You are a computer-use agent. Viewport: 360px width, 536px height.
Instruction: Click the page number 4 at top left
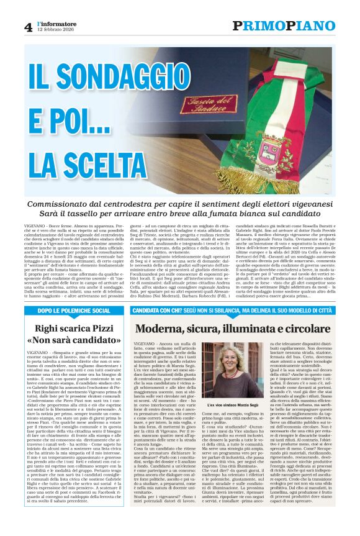28,27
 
